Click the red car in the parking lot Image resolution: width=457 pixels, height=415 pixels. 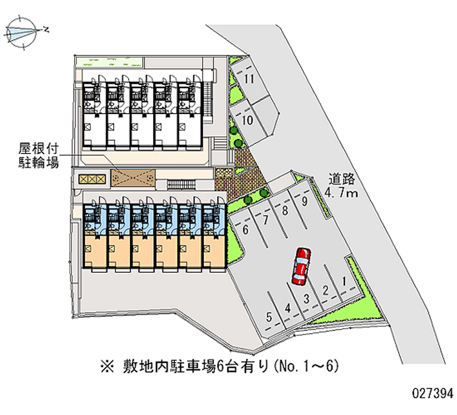pos(300,266)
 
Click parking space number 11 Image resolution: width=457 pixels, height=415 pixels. pos(248,80)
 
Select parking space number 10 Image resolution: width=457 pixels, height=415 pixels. pos(248,120)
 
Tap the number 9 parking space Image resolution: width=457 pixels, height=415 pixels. pos(305,200)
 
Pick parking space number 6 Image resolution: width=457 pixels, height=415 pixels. pos(246,230)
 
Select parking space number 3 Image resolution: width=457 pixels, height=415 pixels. pos(307,299)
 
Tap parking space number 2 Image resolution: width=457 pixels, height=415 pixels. pos(325,289)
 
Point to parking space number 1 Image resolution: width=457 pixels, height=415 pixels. pos(344,280)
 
